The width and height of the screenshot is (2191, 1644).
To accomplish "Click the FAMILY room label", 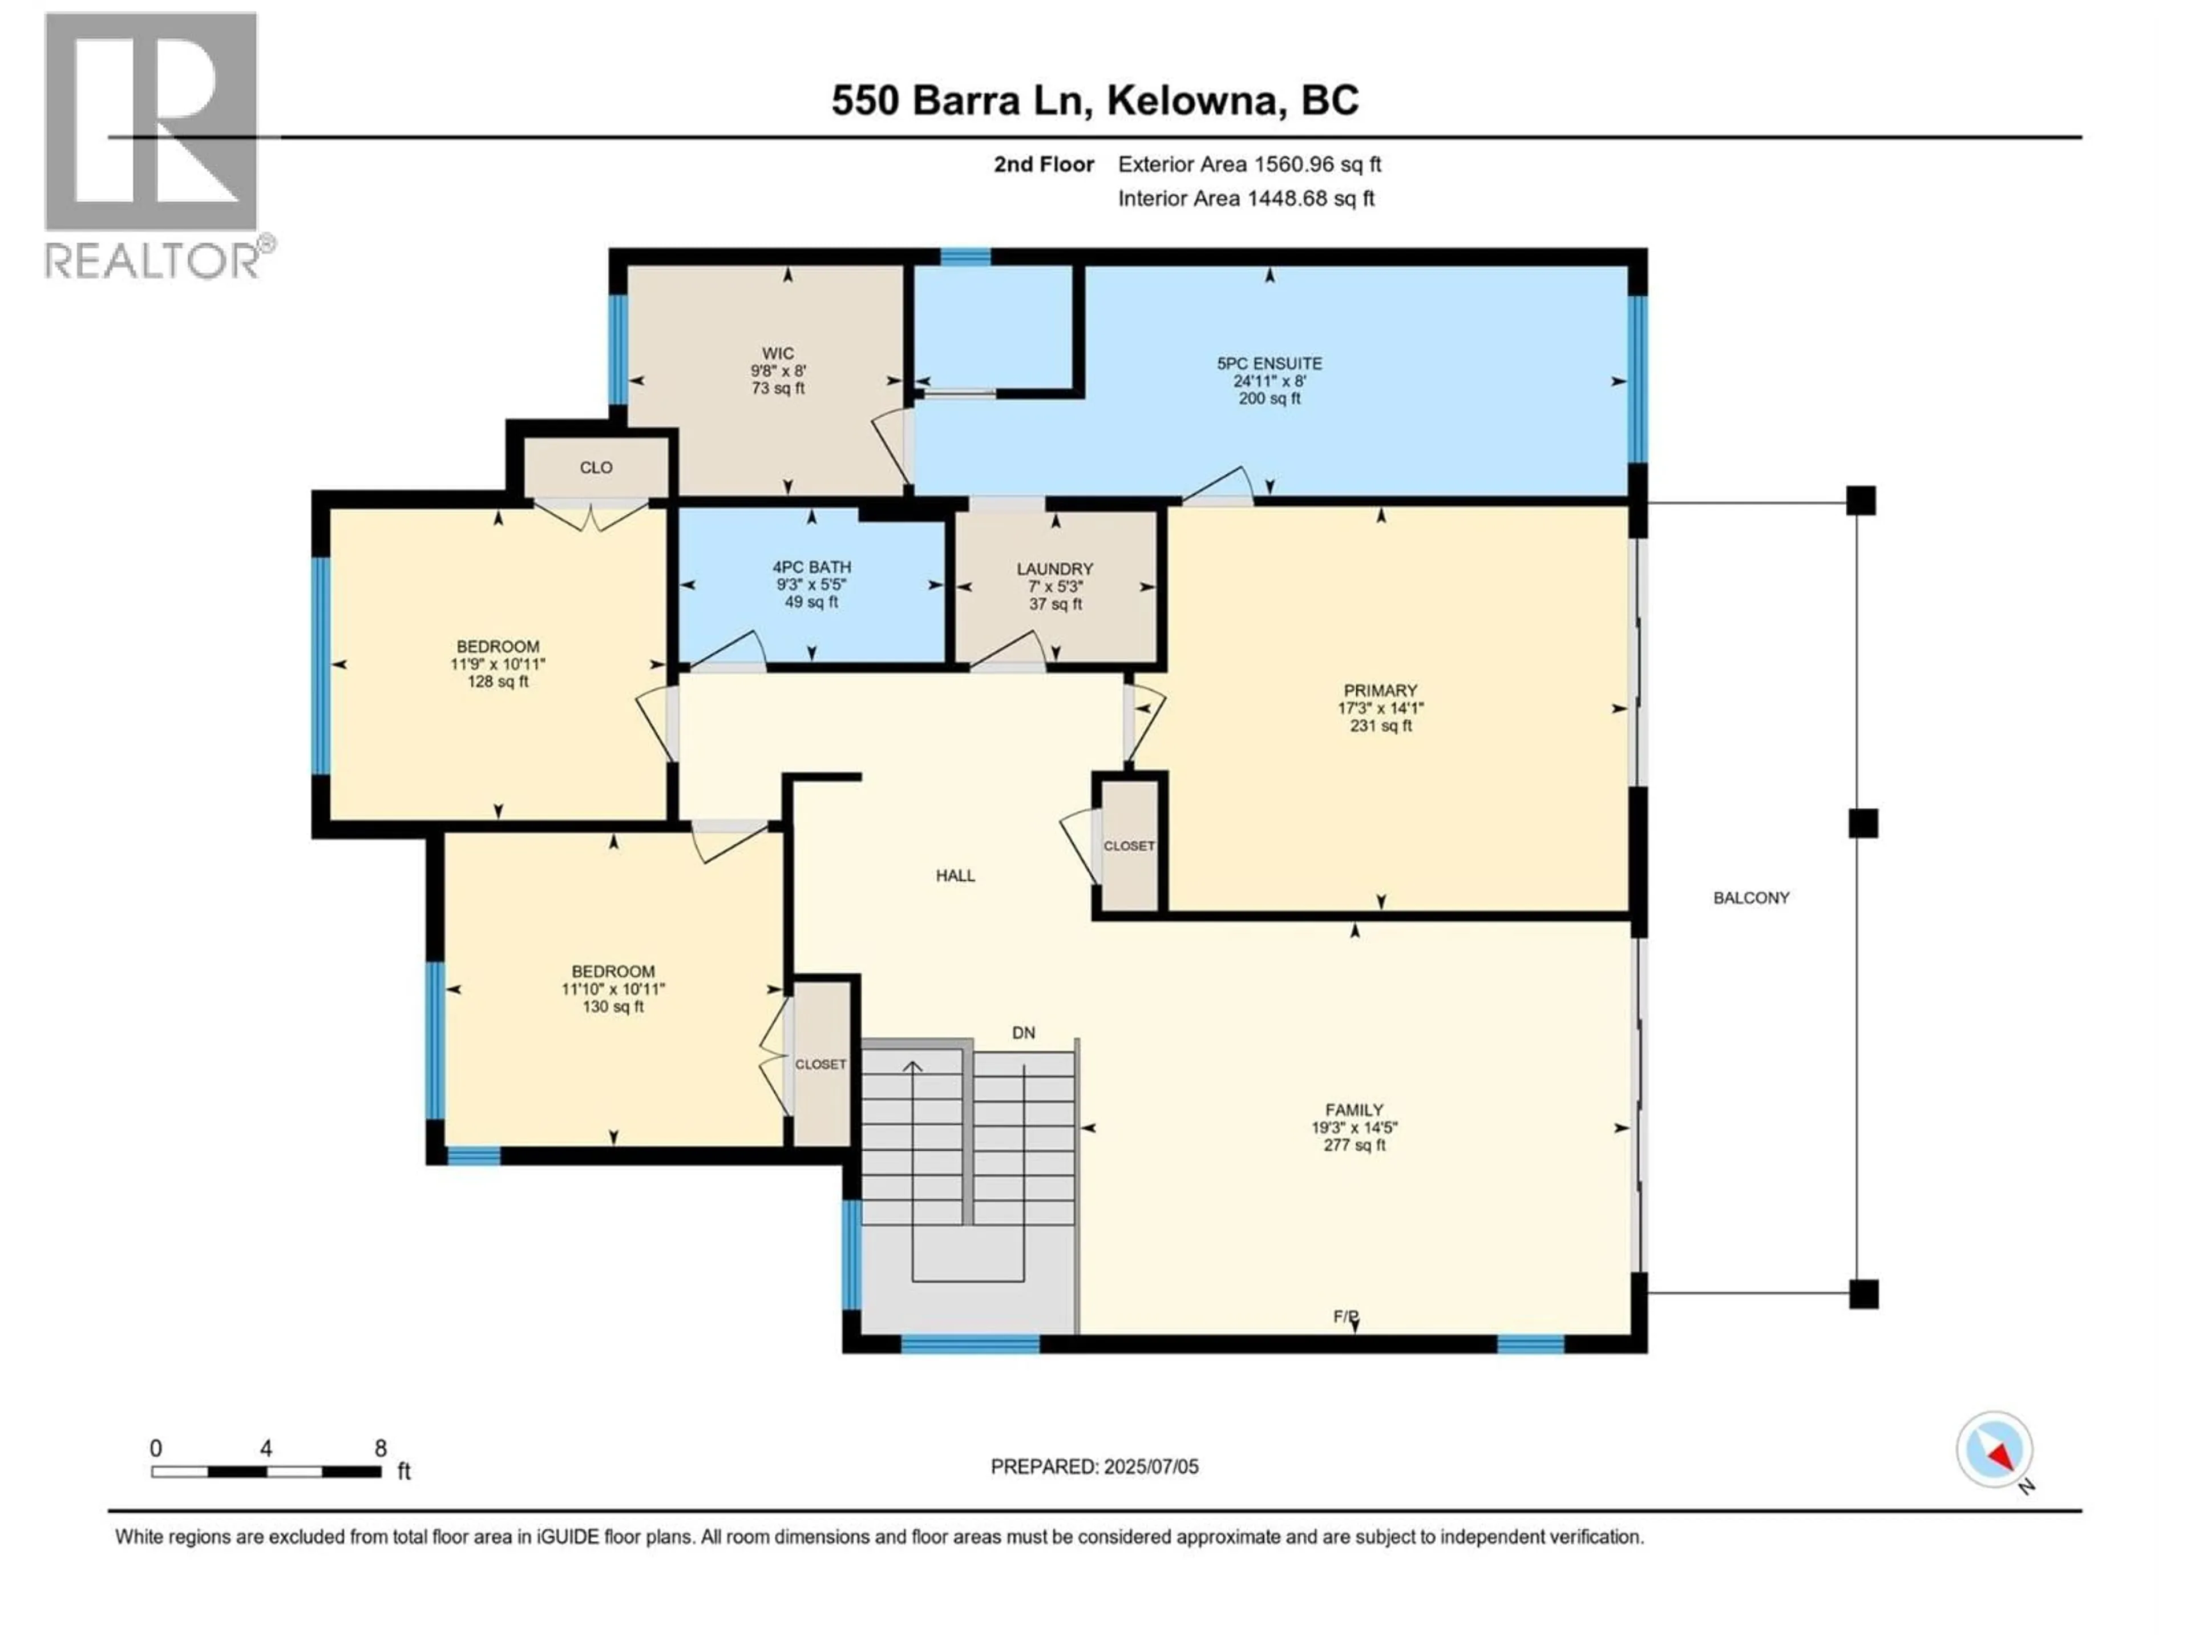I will tap(1354, 1111).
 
